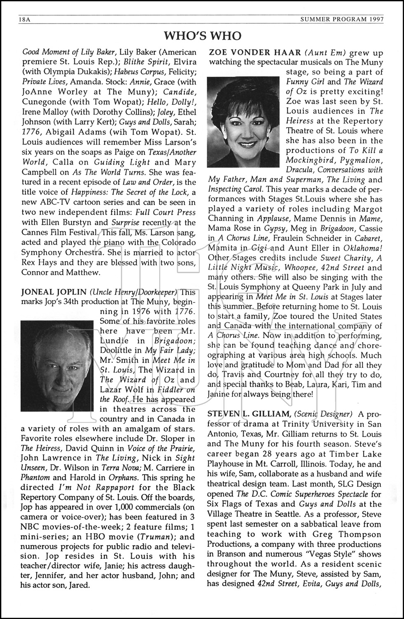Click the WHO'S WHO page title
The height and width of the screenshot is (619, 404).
202,36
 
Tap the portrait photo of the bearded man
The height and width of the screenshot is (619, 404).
58,365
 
